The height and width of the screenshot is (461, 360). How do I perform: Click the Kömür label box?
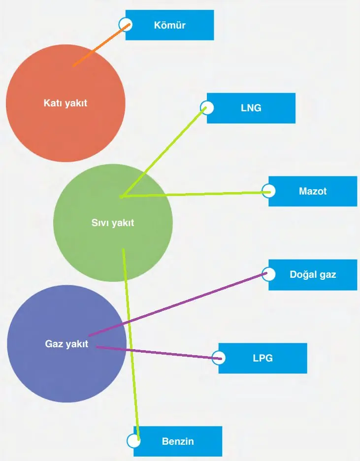(170, 25)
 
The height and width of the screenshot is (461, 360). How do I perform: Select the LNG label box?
(251, 108)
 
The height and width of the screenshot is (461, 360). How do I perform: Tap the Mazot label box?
(313, 191)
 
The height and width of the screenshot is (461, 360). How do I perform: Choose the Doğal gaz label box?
(313, 274)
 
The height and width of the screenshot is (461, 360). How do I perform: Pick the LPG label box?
(263, 358)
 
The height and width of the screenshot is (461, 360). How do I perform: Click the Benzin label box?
(178, 441)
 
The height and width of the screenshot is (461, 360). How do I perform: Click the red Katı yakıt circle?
(65, 103)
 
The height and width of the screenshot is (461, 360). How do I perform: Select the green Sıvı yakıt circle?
(113, 223)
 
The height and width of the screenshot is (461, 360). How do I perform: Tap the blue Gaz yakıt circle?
(66, 344)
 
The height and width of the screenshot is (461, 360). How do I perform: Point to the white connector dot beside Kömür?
(126, 24)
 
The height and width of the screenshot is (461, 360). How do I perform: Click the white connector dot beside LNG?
(207, 107)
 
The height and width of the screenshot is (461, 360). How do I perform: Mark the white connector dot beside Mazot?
(269, 191)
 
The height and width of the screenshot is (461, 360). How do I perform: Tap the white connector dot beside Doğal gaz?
(269, 273)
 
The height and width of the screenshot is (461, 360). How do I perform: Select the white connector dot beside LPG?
(219, 358)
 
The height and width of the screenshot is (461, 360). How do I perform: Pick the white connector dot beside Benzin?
(133, 441)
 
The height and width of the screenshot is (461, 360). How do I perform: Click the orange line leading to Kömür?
(98, 46)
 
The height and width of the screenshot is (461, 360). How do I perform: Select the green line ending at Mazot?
(197, 194)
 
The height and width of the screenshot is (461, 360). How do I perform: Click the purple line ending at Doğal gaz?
(177, 304)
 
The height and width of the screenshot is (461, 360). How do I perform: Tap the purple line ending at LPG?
(158, 352)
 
